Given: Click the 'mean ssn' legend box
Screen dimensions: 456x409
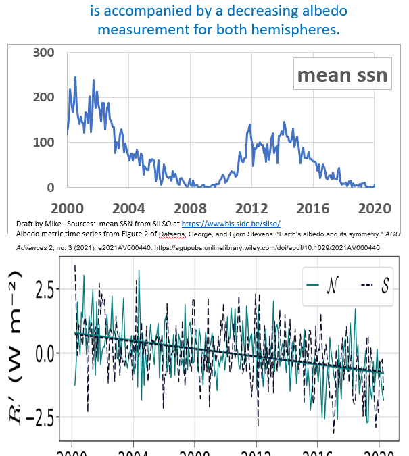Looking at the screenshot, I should (x=342, y=75).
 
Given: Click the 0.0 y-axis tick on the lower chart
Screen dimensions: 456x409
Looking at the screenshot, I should (x=45, y=353).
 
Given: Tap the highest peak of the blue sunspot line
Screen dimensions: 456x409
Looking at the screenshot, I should (x=75, y=78).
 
